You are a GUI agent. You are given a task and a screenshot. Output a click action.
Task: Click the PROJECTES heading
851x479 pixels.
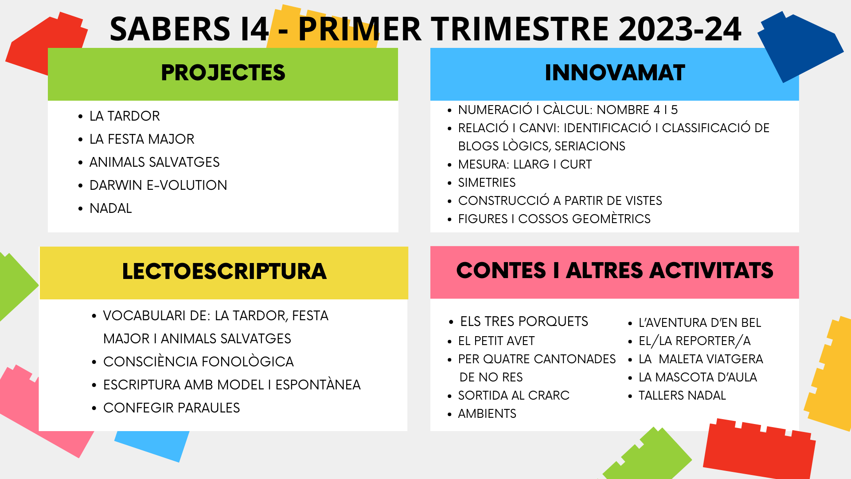(x=223, y=73)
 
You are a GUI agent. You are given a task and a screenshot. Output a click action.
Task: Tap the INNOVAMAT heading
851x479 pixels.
(x=615, y=73)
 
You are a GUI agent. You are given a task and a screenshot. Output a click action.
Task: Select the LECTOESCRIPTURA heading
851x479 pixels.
(x=224, y=271)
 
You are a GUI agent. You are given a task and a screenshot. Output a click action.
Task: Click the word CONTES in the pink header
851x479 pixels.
(x=501, y=271)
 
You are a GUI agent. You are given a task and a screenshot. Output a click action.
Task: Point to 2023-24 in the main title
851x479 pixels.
(x=680, y=29)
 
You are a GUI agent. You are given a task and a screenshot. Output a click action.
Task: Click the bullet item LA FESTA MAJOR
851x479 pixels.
(x=142, y=139)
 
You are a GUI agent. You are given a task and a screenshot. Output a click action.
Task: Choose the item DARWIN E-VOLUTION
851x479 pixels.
(x=158, y=185)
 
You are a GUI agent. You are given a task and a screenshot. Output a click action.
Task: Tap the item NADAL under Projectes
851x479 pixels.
(x=111, y=208)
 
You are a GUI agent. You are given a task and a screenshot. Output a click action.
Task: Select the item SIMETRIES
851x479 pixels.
(x=487, y=182)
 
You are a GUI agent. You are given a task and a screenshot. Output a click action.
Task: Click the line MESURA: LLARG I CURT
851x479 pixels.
(x=525, y=164)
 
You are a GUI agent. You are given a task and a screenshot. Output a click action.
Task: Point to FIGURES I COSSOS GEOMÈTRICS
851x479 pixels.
(x=554, y=219)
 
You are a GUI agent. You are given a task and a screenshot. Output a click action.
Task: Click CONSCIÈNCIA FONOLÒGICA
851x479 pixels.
(x=198, y=361)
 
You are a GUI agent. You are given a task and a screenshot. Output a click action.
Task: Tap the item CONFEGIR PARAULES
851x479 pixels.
(x=172, y=408)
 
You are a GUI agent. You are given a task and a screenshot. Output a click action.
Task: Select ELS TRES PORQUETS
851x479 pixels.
(x=524, y=321)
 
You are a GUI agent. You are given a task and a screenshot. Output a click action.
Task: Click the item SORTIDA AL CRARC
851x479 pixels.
(x=514, y=395)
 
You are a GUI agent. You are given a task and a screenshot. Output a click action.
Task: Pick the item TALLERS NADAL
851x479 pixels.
(x=682, y=395)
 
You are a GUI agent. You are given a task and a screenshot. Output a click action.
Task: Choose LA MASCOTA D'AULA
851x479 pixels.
(x=698, y=377)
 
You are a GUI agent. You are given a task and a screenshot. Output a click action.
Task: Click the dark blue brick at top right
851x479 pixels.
(x=800, y=47)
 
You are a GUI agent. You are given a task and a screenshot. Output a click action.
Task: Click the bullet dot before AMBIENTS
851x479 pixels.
(x=450, y=414)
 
